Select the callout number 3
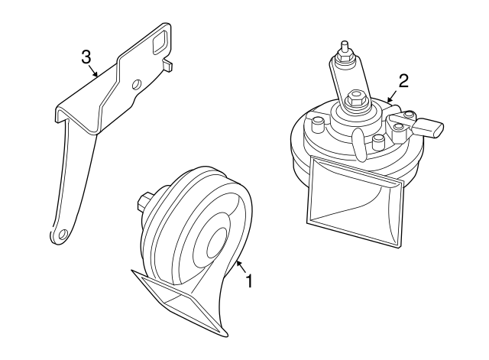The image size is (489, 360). click(x=86, y=56)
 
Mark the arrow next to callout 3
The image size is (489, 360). click(x=96, y=72)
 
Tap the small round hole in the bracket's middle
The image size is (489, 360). click(x=136, y=83)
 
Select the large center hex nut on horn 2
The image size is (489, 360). click(x=355, y=99)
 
